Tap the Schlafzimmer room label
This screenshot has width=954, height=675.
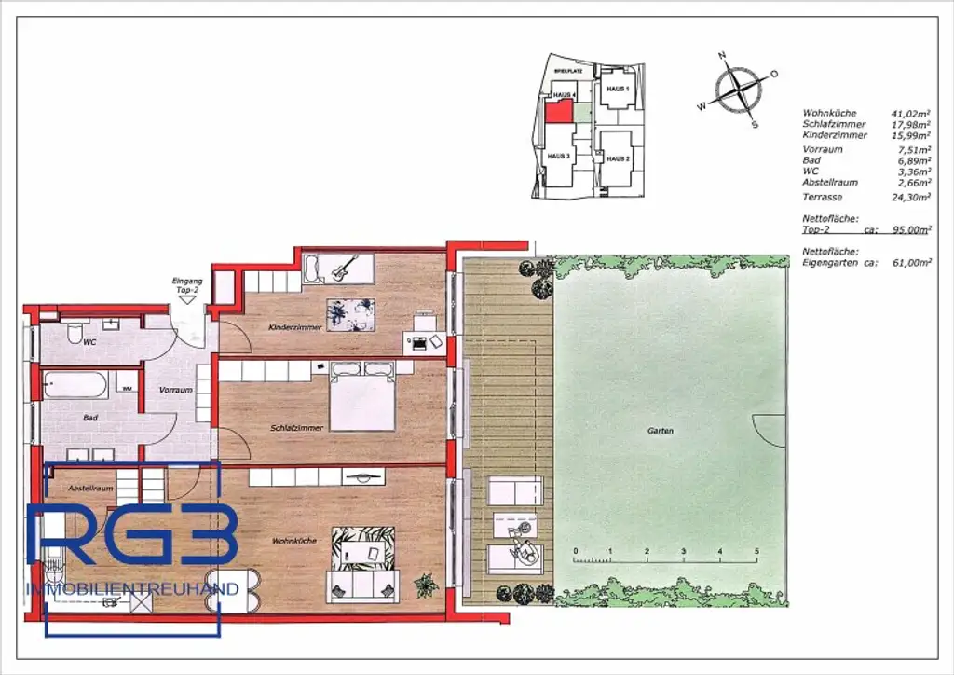[297, 427]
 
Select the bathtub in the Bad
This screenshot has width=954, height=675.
[75, 385]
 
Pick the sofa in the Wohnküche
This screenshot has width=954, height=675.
[361, 585]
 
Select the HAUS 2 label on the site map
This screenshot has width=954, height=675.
[617, 158]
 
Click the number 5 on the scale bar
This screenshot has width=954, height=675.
[756, 552]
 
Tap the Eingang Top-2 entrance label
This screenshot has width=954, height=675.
[187, 285]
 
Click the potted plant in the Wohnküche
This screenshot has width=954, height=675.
[427, 585]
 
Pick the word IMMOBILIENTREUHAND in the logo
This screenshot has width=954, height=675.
[133, 589]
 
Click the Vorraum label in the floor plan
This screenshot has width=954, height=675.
[175, 390]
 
